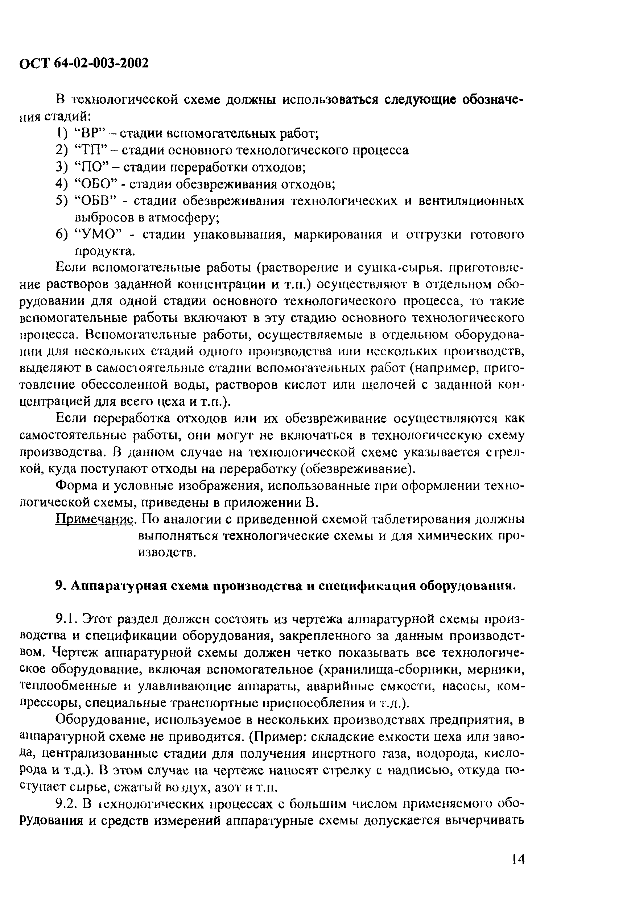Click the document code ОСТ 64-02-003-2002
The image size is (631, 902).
[84, 63]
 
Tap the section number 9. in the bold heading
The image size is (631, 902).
[61, 586]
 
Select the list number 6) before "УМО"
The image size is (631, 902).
[62, 235]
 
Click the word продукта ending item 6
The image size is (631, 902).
[103, 252]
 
